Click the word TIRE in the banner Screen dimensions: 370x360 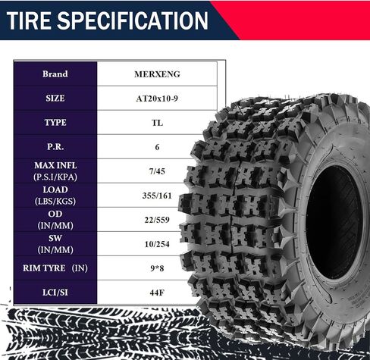coord(28,20)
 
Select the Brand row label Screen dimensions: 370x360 coord(55,74)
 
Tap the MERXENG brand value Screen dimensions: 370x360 coord(157,74)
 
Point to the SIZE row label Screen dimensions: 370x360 coord(55,99)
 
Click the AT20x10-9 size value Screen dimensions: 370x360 coord(157,99)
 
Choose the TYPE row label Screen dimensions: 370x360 coord(55,123)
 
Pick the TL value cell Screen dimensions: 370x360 coord(157,123)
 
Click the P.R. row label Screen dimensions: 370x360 coord(55,147)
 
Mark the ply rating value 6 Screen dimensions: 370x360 coord(157,147)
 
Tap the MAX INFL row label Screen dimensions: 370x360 coord(55,165)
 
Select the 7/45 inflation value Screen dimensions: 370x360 coord(157,171)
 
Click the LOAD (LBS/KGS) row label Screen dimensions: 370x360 coord(55,196)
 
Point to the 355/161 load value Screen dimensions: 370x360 coord(157,196)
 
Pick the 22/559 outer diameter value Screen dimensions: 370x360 coord(157,220)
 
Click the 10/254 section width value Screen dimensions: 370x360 coord(157,244)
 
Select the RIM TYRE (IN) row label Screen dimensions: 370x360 coord(55,268)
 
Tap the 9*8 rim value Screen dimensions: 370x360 coord(157,268)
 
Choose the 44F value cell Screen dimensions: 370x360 coord(157,293)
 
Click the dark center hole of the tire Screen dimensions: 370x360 coord(335,222)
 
